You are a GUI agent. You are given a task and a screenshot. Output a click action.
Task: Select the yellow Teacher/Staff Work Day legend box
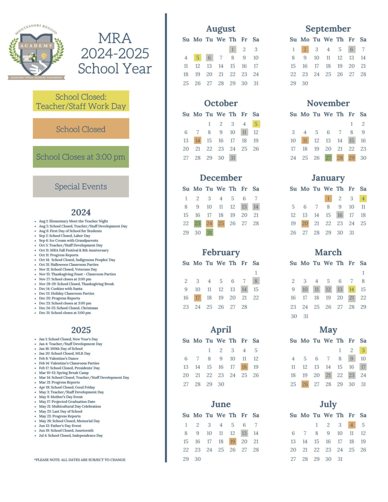pyautogui.click(x=81, y=101)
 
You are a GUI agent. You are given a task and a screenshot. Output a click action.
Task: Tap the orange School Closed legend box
pyautogui.click(x=81, y=129)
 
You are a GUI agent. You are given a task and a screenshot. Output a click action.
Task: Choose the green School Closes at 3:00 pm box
pyautogui.click(x=81, y=157)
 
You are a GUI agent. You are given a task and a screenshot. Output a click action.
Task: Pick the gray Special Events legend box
pyautogui.click(x=81, y=187)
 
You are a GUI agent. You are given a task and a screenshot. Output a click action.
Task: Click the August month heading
pyautogui.click(x=221, y=29)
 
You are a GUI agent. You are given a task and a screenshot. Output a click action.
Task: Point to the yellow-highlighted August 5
pyautogui.click(x=197, y=58)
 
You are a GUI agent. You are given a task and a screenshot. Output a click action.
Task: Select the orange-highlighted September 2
pyautogui.click(x=305, y=49)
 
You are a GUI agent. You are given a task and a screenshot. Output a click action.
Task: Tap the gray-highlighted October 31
pyautogui.click(x=232, y=158)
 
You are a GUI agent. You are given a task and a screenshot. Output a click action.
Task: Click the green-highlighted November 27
pyautogui.click(x=328, y=158)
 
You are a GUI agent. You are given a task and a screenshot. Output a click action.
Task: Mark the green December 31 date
pyautogui.click(x=209, y=233)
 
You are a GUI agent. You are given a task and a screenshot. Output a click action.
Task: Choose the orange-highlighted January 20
pyautogui.click(x=305, y=224)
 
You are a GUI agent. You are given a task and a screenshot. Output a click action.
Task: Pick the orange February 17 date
pyautogui.click(x=197, y=298)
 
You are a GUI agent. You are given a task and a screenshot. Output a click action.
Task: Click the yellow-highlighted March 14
pyautogui.click(x=351, y=290)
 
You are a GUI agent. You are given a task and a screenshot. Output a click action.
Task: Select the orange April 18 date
pyautogui.click(x=244, y=367)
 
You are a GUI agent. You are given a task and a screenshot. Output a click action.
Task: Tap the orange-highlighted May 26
pyautogui.click(x=305, y=384)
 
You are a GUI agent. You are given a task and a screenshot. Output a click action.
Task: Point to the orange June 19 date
pyautogui.click(x=232, y=442)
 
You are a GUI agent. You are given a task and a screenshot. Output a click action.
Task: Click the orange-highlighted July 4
pyautogui.click(x=351, y=425)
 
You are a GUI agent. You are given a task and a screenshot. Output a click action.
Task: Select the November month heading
pyautogui.click(x=328, y=103)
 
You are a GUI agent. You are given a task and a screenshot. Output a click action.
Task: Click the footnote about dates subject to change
pyautogui.click(x=80, y=460)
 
